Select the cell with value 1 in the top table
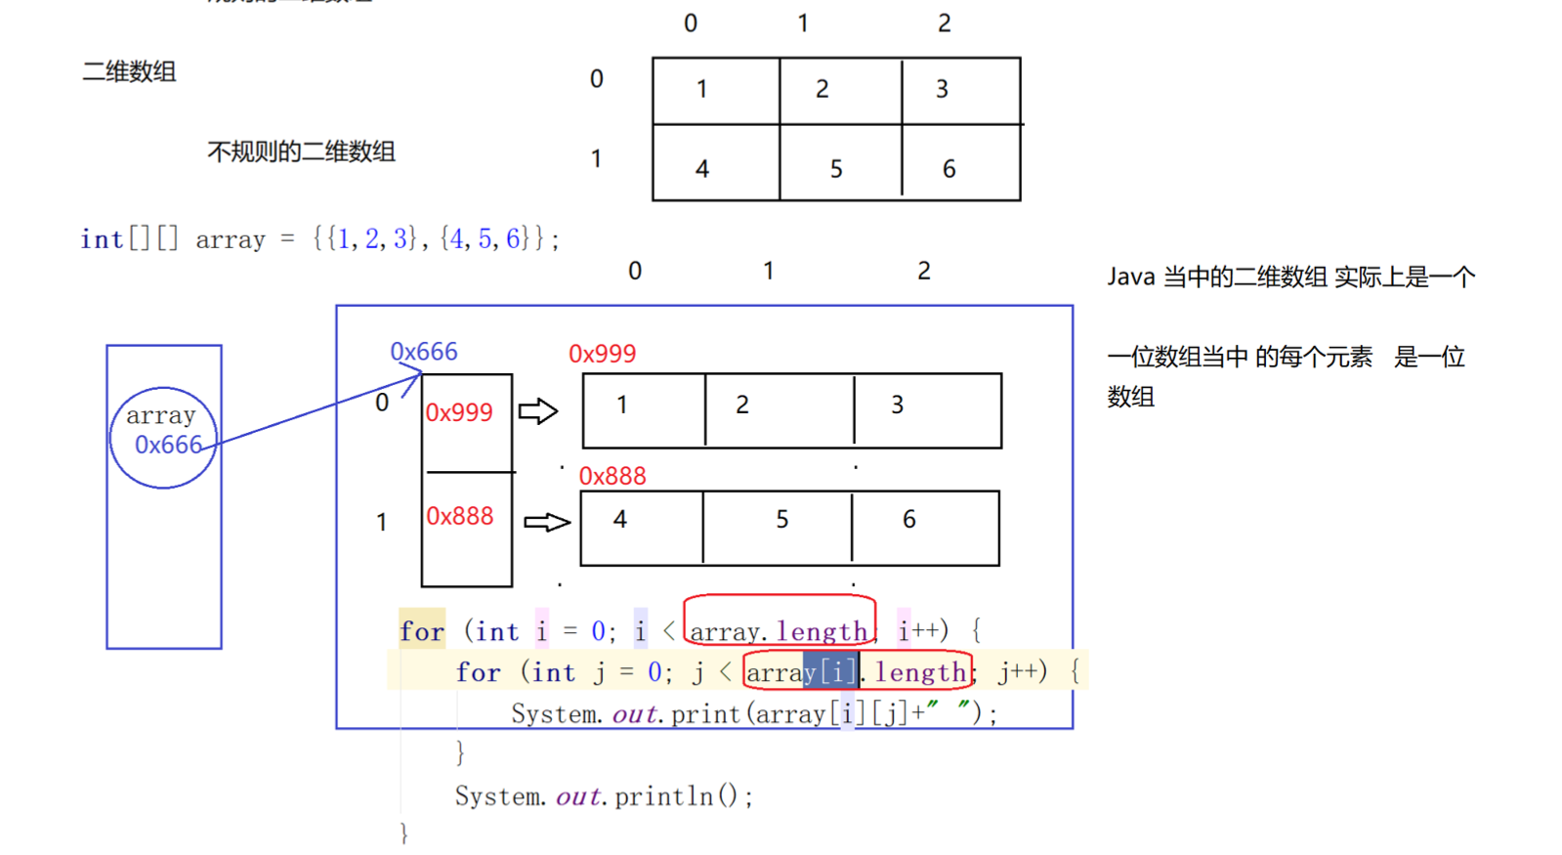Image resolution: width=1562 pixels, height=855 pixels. click(x=715, y=90)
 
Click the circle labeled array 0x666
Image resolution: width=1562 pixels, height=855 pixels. click(x=163, y=437)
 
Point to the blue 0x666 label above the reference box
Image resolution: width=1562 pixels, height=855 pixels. click(x=423, y=352)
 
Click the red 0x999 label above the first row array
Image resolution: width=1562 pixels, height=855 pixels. click(x=602, y=354)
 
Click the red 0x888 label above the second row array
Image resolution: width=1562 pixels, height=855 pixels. click(x=612, y=476)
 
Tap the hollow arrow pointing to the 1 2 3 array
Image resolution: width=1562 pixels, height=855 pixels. click(x=537, y=411)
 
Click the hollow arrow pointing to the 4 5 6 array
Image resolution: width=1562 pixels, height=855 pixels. click(x=546, y=523)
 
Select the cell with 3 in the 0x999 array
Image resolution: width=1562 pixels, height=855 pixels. click(x=927, y=410)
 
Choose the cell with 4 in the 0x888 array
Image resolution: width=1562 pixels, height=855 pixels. click(x=641, y=528)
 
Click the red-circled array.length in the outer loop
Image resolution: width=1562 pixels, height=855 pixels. click(x=779, y=631)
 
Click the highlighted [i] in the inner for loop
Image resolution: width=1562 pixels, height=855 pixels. click(x=830, y=672)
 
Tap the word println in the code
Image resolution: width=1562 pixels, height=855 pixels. click(x=663, y=796)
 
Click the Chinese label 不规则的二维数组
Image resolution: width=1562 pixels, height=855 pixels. click(x=301, y=152)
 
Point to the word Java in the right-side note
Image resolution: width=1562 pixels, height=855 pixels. click(x=1131, y=278)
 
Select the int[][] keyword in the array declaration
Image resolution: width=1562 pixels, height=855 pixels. click(x=129, y=239)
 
